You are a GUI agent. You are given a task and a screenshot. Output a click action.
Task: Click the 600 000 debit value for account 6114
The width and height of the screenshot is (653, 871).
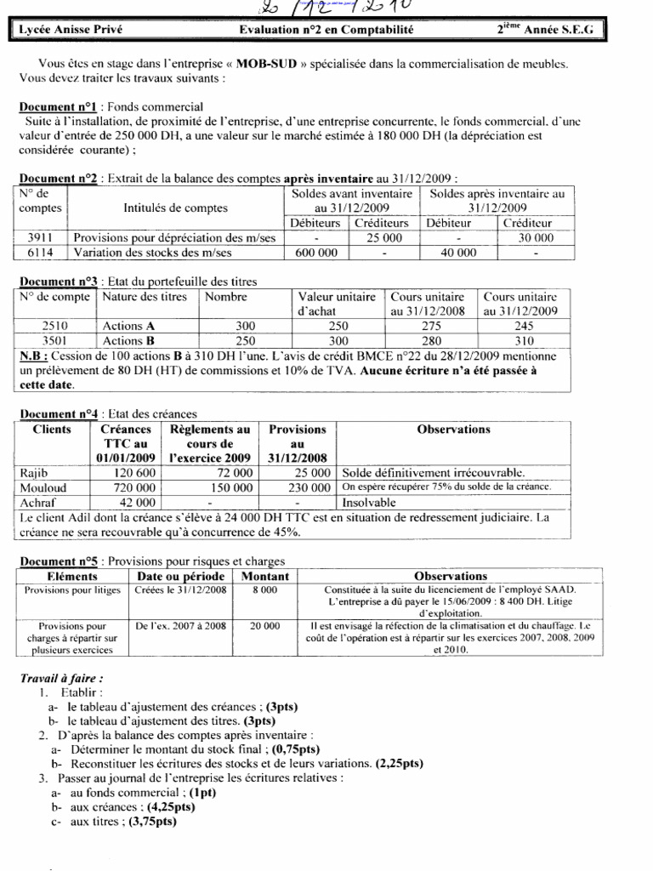point(315,253)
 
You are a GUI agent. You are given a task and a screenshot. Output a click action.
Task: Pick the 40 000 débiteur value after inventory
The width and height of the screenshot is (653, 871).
point(460,253)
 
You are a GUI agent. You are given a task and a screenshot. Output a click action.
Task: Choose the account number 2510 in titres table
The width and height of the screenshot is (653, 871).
point(54,326)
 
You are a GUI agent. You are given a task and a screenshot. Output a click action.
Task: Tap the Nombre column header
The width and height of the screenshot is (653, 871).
point(225,297)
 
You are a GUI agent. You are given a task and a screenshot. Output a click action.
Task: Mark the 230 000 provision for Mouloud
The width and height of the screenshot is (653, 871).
point(308,487)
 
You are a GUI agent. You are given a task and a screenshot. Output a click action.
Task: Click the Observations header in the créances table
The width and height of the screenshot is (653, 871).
point(454,430)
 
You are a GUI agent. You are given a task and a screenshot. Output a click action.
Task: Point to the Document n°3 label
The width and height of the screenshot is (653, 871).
point(56,282)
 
